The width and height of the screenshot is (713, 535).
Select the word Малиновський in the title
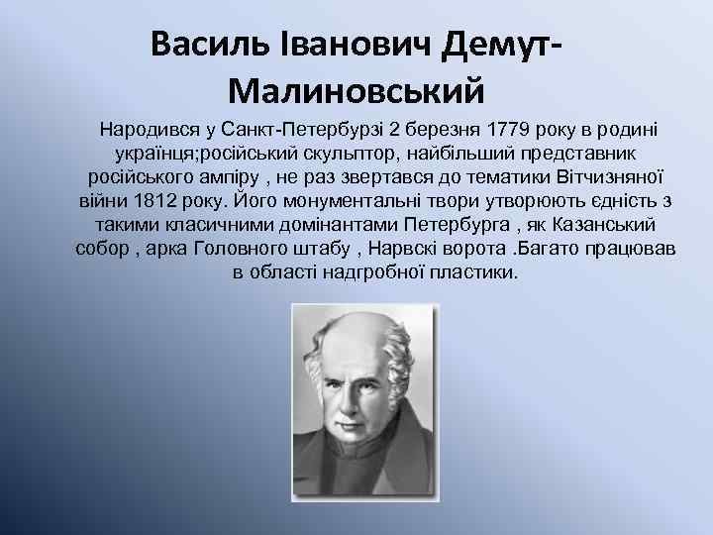pyautogui.click(x=356, y=92)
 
